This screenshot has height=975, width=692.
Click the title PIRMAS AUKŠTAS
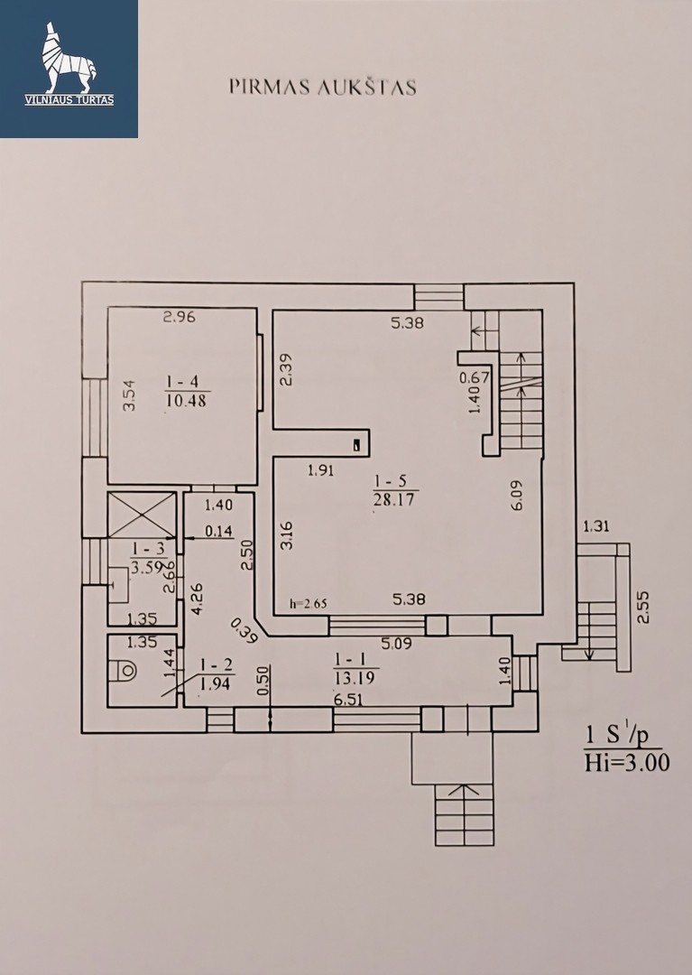tap(322, 87)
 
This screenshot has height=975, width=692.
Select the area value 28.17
tap(396, 500)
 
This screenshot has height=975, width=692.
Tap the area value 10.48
tap(188, 401)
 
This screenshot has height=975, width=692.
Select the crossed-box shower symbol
tap(142, 515)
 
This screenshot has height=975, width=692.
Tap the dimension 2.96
tap(180, 317)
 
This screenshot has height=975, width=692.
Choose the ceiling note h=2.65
tap(309, 603)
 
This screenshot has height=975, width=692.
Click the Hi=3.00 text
tap(626, 762)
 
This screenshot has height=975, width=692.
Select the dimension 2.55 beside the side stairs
tap(643, 607)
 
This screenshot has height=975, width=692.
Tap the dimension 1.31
tap(595, 526)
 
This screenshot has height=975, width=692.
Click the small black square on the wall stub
tap(356, 445)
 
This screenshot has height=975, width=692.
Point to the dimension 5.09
tap(396, 644)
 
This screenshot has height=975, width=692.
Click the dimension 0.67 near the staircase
tap(475, 377)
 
